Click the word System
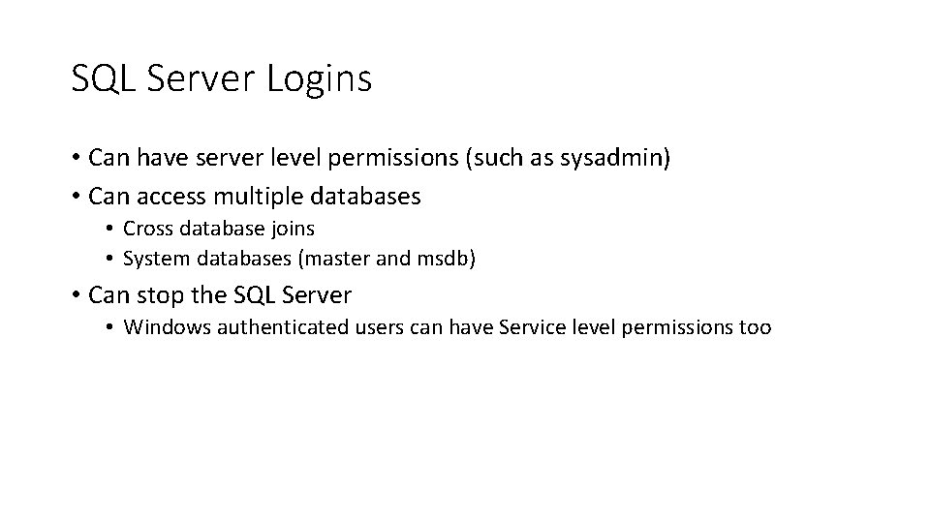point(155,259)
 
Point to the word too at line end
point(755,327)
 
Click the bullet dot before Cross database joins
point(111,230)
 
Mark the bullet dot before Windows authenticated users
point(111,328)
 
